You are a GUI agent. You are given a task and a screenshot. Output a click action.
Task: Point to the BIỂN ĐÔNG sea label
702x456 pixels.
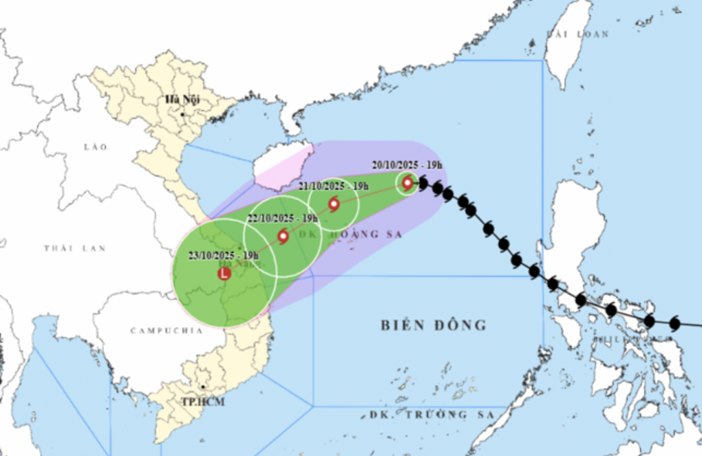click(x=434, y=325)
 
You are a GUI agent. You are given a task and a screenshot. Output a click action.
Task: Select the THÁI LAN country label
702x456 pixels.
click(x=74, y=248)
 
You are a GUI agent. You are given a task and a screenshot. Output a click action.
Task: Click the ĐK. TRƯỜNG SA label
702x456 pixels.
click(x=432, y=415)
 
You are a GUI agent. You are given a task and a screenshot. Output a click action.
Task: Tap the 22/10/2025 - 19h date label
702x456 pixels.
click(x=283, y=218)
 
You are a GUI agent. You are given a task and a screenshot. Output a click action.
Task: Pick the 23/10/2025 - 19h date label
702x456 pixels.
click(x=223, y=256)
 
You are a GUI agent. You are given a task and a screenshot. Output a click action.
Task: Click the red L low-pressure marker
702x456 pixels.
click(x=224, y=274)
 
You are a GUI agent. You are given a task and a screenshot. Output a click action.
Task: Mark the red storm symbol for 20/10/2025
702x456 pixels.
click(x=407, y=183)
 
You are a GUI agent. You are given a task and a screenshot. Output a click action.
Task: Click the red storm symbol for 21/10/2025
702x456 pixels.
click(x=334, y=204)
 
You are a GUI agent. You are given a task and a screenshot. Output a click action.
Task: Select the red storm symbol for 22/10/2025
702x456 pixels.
click(x=283, y=237)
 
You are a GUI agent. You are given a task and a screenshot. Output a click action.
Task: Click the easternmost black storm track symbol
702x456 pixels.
click(x=674, y=323)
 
